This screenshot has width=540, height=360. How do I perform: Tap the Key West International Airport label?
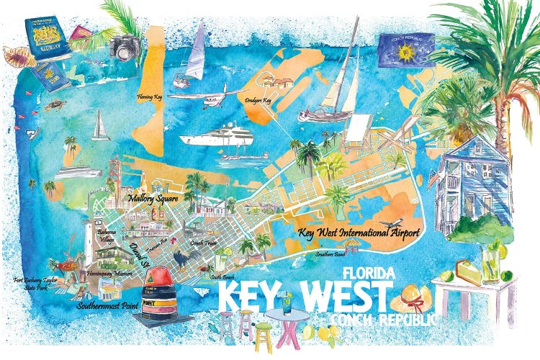tap(357, 233)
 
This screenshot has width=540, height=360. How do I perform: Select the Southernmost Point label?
tap(107, 305)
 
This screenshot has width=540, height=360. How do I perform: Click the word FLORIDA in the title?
tap(368, 274)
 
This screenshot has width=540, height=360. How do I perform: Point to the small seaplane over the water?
tap(216, 96)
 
